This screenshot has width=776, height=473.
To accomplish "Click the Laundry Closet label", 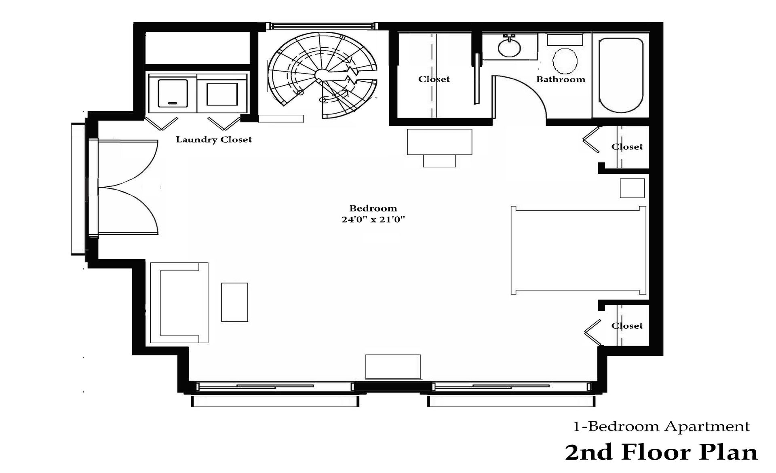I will point(214,140).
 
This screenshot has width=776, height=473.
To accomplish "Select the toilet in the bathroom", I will point(564,61).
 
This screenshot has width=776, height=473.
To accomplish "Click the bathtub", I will point(620,75).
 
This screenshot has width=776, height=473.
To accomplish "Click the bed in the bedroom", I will point(578,250).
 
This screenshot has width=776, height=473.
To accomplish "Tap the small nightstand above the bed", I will point(632,188).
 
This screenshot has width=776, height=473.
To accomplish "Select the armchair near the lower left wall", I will point(179,302).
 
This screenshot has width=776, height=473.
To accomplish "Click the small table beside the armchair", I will point(234,302).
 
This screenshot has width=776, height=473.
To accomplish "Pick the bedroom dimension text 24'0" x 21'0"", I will point(373,220).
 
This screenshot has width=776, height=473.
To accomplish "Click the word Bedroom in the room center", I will point(373,209).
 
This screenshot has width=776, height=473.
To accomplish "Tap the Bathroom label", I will point(561,80).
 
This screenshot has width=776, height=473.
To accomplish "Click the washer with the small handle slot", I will point(173,93).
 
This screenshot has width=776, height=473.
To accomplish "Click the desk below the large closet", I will point(439,142).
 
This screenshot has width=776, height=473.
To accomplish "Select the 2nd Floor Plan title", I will point(661,452).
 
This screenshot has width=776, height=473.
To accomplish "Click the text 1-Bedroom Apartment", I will point(662,427).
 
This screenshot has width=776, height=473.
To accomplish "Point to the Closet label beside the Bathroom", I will point(434,79).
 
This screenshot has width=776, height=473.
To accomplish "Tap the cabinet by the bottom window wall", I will point(393,366).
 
